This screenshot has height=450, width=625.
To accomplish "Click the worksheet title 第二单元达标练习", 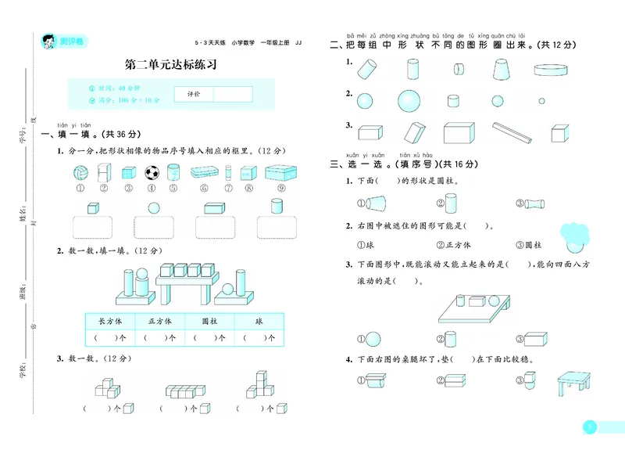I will [x=171, y=65].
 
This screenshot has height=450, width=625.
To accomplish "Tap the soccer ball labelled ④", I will [x=151, y=172].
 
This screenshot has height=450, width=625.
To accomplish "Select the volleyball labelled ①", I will [x=80, y=172].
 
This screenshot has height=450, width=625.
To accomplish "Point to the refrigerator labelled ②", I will [x=102, y=172].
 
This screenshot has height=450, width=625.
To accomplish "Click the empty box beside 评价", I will [x=233, y=94].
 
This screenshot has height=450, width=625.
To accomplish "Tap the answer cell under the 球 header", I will [x=258, y=338].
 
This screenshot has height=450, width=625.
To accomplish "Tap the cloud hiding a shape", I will [x=577, y=233].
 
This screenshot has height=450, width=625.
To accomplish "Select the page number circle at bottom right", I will [x=591, y=427].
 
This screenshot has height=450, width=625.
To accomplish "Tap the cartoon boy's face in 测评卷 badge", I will [x=48, y=40].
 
